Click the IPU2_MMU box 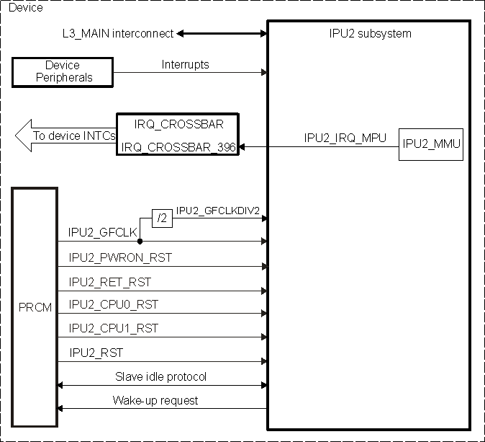pos(431,143)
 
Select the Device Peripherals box pos(63,71)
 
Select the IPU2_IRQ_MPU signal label pos(345,137)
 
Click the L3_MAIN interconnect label pos(118,33)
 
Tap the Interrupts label pos(185,64)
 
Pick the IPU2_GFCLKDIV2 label pos(217,211)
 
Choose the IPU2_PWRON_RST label pos(120,257)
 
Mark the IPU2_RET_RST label pos(110,281)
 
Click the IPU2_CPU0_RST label pos(113,304)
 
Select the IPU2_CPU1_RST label pos(113,328)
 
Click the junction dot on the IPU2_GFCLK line pos(139,242)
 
